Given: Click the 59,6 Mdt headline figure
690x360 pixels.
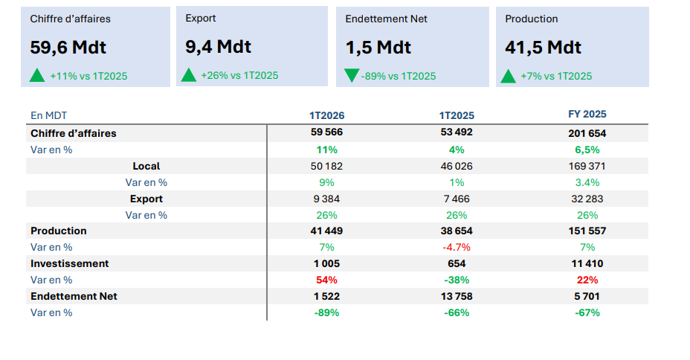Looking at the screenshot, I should coord(68,48).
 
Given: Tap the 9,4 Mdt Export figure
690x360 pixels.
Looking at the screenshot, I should coord(218,47).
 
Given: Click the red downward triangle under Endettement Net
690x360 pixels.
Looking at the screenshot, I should coord(352,75).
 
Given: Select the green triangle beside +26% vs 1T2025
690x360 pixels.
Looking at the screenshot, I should coord(189,74).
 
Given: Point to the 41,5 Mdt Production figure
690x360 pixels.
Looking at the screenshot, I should coord(543,48).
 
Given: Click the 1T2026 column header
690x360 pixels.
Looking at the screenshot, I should coord(327,115).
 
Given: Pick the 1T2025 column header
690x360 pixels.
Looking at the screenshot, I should coord(457,115).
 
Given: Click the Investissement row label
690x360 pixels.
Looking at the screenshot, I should coord(69,263).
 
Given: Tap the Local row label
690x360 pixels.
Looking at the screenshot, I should coord(146,166).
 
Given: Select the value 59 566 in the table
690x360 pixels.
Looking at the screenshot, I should coord(327,132).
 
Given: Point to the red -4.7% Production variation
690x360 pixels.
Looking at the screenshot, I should coord(457,247).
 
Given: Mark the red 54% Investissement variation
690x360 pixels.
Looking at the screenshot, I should coord(327,280).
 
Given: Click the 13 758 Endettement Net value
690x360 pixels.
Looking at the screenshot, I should coord(457,296).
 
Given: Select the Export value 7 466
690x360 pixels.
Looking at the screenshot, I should coord(457,199).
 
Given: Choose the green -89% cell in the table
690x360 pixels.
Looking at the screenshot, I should coord(327,312).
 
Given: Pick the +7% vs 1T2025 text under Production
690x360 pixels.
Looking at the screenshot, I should coord(556,76).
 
